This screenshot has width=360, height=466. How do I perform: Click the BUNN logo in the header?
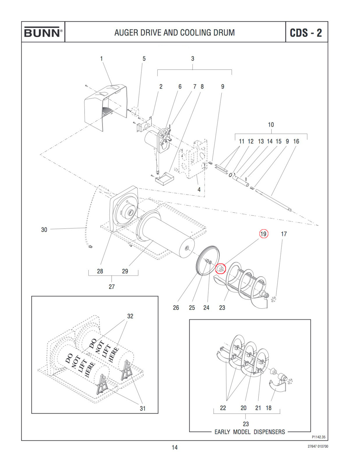(x=43, y=32)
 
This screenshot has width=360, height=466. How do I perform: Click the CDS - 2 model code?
(x=306, y=33)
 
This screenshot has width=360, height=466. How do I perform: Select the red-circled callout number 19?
(x=263, y=234)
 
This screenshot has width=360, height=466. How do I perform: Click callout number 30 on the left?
(x=44, y=230)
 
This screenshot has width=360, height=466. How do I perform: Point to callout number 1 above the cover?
(x=101, y=59)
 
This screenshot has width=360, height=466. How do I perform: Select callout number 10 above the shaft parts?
(x=271, y=125)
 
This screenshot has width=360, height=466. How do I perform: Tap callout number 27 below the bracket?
(x=112, y=287)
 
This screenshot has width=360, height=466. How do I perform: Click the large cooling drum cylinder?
(x=166, y=233)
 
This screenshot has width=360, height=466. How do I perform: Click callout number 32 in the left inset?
(x=130, y=316)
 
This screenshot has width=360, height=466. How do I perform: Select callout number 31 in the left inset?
(x=142, y=408)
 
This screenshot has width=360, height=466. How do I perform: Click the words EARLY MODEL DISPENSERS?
(x=250, y=432)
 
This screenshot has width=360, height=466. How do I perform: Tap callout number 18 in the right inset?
(x=269, y=408)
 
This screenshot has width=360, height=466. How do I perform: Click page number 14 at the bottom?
(x=174, y=447)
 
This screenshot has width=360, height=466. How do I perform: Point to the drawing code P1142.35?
(x=318, y=437)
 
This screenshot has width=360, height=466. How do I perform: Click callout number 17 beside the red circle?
(x=284, y=234)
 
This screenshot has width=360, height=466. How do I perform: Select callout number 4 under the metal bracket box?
(x=199, y=189)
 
